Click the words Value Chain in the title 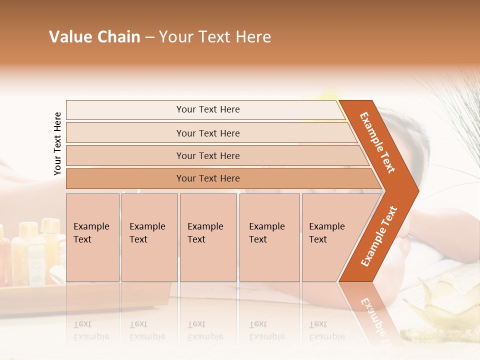[x=94, y=37]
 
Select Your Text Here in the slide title [x=215, y=37]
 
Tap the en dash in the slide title [x=149, y=37]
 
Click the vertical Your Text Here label [x=57, y=143]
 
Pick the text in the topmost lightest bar [x=208, y=109]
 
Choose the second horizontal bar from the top [x=208, y=133]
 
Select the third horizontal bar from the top [x=208, y=155]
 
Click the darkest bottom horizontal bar [x=208, y=178]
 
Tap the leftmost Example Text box [x=92, y=237]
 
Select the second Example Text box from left [x=149, y=237]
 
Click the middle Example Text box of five [x=208, y=237]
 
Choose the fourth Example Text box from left [x=269, y=237]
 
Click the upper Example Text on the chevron [x=377, y=142]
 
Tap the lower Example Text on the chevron [x=379, y=236]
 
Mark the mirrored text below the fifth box [x=326, y=330]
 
